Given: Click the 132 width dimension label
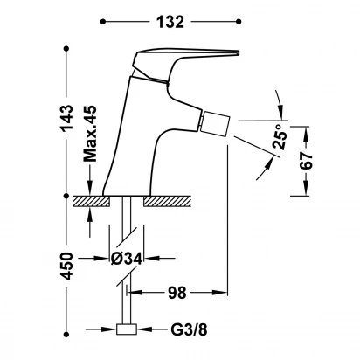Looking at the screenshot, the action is pos(170,22).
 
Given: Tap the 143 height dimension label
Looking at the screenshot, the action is pos(66,119).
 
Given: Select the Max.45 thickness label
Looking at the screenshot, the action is pos(90,134).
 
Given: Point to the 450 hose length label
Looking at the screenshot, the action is pos(66,267).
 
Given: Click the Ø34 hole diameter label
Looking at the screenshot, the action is pos(127,258).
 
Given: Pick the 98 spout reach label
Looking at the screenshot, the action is pos(177,293).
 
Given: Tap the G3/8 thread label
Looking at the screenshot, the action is pos(189,329).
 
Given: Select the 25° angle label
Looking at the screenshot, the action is pos(280,136).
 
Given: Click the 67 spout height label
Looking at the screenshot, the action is pos(306,160).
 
